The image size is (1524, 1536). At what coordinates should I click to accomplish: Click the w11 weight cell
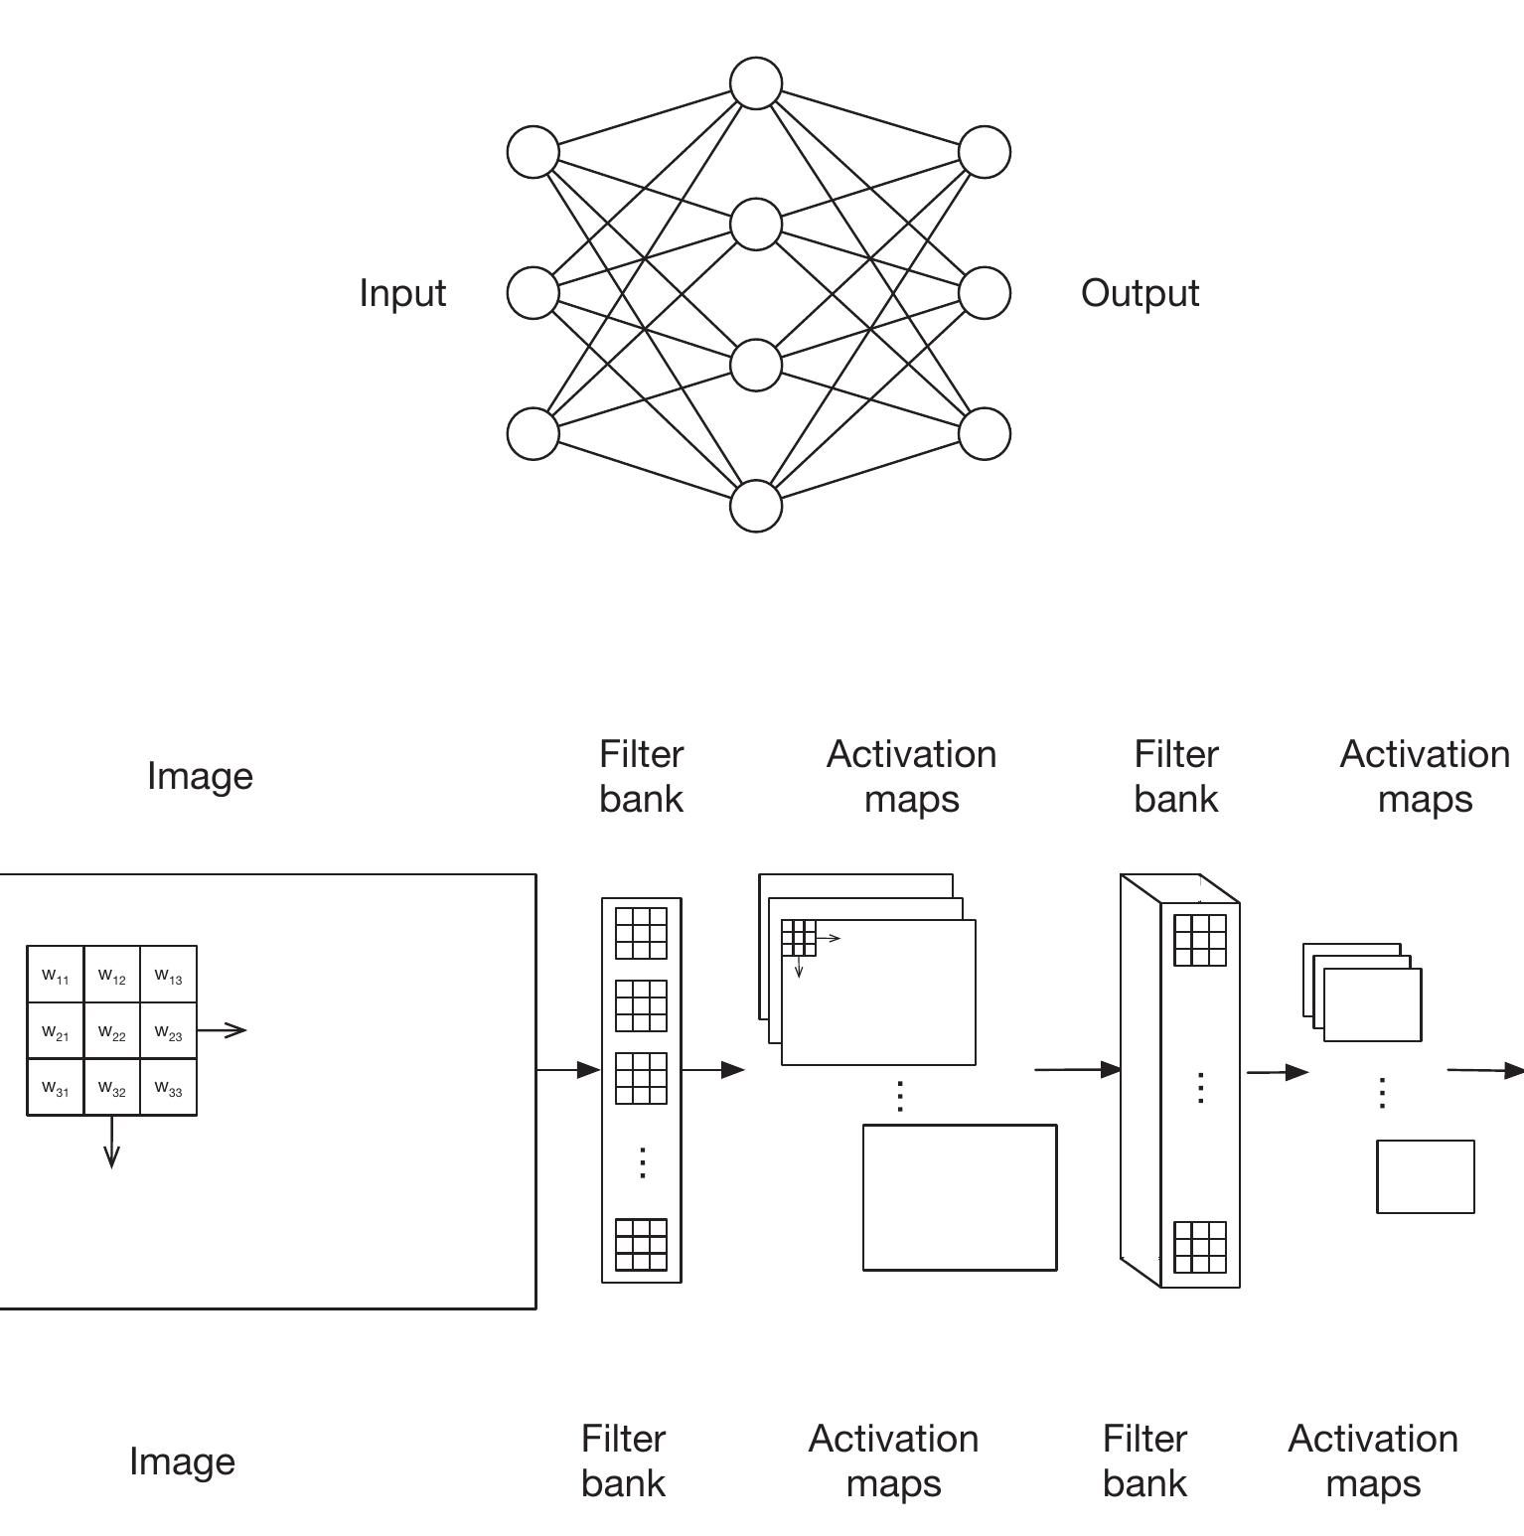(x=56, y=975)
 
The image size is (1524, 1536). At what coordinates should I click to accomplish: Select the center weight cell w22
(x=112, y=1031)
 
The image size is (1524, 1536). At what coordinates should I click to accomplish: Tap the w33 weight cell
(x=169, y=1088)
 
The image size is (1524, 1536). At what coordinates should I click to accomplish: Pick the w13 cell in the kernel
(x=169, y=975)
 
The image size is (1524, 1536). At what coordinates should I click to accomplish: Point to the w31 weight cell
(x=56, y=1088)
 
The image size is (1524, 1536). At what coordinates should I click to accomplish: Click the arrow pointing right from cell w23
(x=223, y=1030)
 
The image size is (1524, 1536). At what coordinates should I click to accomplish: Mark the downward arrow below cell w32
(x=111, y=1142)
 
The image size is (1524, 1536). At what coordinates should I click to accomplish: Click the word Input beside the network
(x=402, y=293)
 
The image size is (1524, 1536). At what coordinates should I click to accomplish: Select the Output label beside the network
(x=1140, y=293)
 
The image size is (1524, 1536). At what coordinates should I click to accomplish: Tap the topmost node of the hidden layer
(x=756, y=83)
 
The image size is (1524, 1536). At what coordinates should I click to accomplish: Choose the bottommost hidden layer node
(x=756, y=506)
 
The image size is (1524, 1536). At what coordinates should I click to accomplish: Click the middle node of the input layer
(x=533, y=293)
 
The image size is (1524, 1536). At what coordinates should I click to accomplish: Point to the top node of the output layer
(x=985, y=152)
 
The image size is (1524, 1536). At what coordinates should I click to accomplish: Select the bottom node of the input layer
(x=533, y=434)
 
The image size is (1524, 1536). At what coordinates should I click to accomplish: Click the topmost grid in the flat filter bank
(x=641, y=933)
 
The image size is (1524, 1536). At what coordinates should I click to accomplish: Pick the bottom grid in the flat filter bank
(x=641, y=1245)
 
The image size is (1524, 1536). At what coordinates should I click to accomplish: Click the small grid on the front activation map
(x=799, y=937)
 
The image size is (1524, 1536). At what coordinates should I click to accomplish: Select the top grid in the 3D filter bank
(x=1200, y=940)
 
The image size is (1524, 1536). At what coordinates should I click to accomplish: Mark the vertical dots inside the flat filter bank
(x=642, y=1161)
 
